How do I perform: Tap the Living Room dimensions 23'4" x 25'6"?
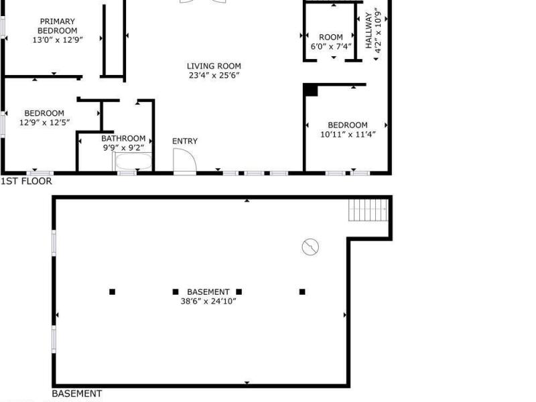214,75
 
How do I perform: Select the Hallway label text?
368,30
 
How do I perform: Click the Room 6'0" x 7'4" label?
331,42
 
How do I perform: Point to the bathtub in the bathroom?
133,161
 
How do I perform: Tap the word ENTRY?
185,141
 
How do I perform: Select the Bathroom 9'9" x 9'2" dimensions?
123,147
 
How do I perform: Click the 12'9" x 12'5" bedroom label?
44,118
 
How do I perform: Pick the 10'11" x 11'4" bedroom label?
348,129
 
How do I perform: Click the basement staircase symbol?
368,210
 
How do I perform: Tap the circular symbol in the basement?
310,247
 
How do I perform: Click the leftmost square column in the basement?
112,291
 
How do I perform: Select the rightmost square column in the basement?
302,291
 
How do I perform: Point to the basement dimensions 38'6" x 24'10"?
208,301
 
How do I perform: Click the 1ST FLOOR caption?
26,181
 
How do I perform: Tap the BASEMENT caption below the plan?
77,393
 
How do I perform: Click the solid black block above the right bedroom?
311,90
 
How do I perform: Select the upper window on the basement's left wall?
54,243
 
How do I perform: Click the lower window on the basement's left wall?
54,339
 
